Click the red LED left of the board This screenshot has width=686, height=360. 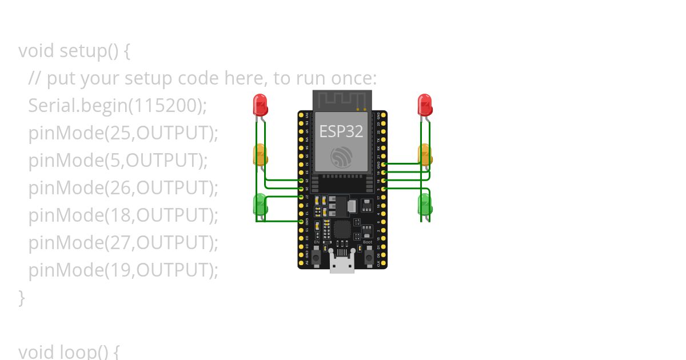(x=260, y=105)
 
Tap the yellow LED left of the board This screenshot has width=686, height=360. (x=260, y=154)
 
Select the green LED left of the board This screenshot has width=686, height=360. (x=260, y=204)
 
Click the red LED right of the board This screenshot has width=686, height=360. (x=425, y=105)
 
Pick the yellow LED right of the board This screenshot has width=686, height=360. (x=425, y=154)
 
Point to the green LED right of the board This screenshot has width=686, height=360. (x=425, y=204)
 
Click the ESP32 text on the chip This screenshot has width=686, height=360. (x=341, y=131)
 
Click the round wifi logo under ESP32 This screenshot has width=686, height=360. (x=342, y=157)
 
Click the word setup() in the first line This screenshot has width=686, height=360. (x=89, y=51)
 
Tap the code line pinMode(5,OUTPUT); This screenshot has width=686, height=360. (x=118, y=161)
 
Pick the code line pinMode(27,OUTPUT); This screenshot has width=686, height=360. (x=123, y=243)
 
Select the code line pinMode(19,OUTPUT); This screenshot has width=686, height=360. (x=123, y=270)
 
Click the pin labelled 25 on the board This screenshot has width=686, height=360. (x=301, y=180)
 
